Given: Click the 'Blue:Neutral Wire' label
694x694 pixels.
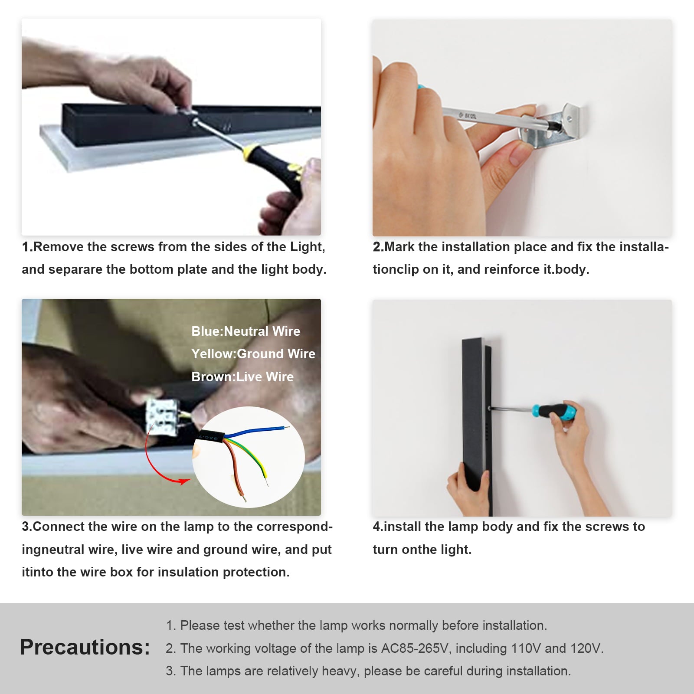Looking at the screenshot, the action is point(246,331).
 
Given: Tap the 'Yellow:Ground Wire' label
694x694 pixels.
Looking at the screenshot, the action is point(253,354).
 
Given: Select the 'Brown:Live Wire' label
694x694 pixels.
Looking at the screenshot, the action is point(242,376).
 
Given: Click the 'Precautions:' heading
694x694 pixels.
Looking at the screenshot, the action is point(85,647).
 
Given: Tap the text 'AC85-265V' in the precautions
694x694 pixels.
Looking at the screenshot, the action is point(415,648).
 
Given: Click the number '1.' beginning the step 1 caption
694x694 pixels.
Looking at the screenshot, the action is point(27,247).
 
